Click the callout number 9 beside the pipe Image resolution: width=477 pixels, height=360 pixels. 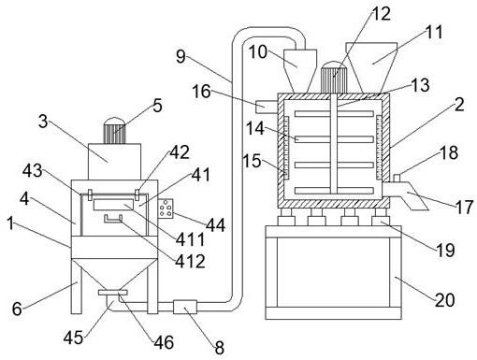click(181, 56)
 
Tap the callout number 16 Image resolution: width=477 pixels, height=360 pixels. click(201, 92)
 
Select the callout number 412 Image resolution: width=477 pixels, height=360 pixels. click(190, 261)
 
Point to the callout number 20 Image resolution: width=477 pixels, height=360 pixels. click(445, 300)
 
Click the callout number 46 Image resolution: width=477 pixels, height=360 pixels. click(164, 342)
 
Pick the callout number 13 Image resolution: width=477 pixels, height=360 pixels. click(420, 85)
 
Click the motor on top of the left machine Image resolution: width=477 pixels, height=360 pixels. click(114, 131)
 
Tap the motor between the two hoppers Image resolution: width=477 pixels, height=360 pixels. click(334, 77)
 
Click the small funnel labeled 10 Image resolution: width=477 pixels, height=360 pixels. click(300, 70)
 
